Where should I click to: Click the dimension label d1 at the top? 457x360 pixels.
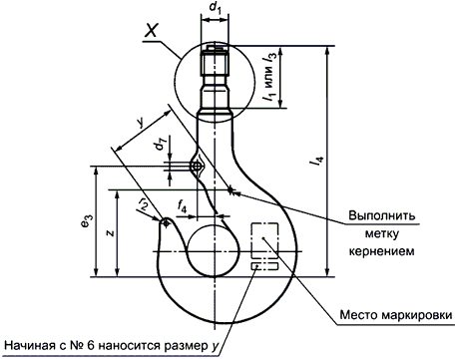(x=215, y=8)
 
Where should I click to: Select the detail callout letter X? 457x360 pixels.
(x=151, y=31)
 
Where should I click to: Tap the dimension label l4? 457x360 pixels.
(x=316, y=161)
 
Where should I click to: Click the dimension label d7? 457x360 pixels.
(x=161, y=146)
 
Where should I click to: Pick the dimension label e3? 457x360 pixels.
(x=85, y=221)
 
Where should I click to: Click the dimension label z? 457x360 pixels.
(x=110, y=233)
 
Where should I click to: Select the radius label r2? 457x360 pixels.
(x=143, y=203)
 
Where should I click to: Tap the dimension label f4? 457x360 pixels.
(x=182, y=207)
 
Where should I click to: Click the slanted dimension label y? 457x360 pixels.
(x=142, y=123)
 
